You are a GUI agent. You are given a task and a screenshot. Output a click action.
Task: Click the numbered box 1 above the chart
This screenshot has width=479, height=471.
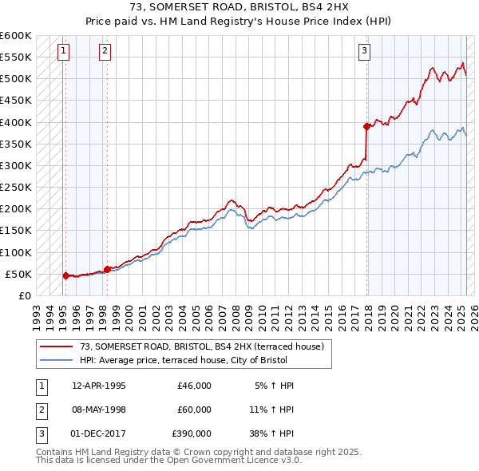63,52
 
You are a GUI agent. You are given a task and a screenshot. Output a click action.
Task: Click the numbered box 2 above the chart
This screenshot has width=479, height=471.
105,52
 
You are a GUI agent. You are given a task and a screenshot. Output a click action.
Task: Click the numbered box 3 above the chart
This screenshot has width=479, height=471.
364,52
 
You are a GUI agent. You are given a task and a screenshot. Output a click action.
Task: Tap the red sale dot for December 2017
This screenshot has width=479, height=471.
366,126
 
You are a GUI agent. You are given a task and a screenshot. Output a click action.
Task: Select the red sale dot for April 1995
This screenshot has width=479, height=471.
65,275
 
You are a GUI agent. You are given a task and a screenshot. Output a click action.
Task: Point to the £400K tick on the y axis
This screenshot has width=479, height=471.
16,122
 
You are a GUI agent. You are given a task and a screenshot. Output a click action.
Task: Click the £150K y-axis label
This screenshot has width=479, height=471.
16,231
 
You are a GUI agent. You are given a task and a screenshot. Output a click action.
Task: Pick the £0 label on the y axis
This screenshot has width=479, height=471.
24,295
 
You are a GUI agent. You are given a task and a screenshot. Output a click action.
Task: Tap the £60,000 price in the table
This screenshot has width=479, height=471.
194,410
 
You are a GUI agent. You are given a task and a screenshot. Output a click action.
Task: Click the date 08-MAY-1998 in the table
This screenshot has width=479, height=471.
99,410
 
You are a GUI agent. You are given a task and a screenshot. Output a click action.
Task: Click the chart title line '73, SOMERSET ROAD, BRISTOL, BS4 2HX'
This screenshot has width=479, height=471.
239,7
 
